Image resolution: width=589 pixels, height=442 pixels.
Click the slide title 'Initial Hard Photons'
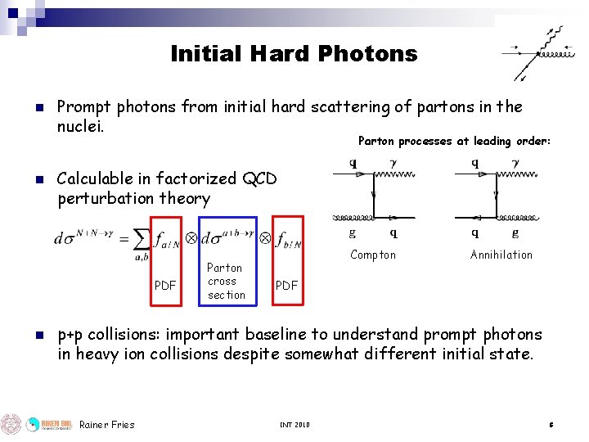[x=294, y=54]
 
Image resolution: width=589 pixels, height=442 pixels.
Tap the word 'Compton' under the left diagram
[x=372, y=255]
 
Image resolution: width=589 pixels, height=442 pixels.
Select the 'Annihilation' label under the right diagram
[x=501, y=255]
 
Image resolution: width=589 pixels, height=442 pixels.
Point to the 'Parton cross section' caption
[x=225, y=281]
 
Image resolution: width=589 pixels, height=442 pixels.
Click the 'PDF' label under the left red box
[x=165, y=286]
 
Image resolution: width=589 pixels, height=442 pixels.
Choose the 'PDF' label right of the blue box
[x=286, y=286]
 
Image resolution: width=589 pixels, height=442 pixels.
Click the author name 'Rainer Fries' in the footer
[x=107, y=424]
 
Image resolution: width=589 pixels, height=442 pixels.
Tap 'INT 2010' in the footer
[x=294, y=424]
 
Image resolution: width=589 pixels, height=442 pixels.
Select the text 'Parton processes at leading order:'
[x=454, y=141]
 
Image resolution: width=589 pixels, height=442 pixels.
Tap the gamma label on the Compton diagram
[x=393, y=163]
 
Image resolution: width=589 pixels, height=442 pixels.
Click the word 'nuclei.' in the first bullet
[x=81, y=126]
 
